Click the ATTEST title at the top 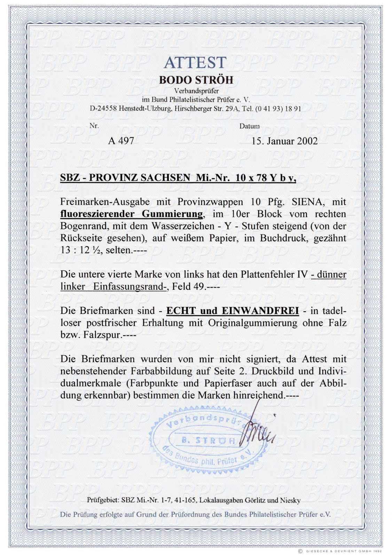pos(195,63)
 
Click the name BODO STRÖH pos(196,80)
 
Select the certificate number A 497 pos(121,141)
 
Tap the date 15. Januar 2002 pos(284,141)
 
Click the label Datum pos(249,126)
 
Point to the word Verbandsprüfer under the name pos(196,91)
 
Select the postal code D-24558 pos(103,109)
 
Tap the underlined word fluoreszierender pos(98,214)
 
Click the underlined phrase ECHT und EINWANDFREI pos(233,311)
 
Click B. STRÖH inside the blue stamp pos(208,440)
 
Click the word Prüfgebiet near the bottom pos(103,501)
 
